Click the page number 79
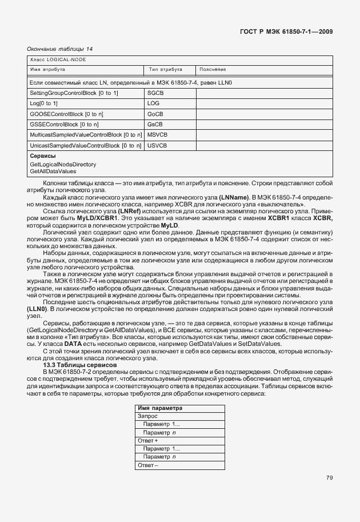[x=329, y=478]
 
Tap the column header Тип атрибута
[x=165, y=70]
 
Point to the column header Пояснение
[x=213, y=70]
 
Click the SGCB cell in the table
[x=155, y=93]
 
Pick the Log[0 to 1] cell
[x=44, y=103]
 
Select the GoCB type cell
[x=155, y=114]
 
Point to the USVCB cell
[x=157, y=145]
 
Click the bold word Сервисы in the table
[x=43, y=156]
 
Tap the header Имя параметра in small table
[x=160, y=408]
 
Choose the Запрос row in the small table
[x=147, y=416]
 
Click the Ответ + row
[x=148, y=441]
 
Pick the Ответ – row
[x=147, y=465]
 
